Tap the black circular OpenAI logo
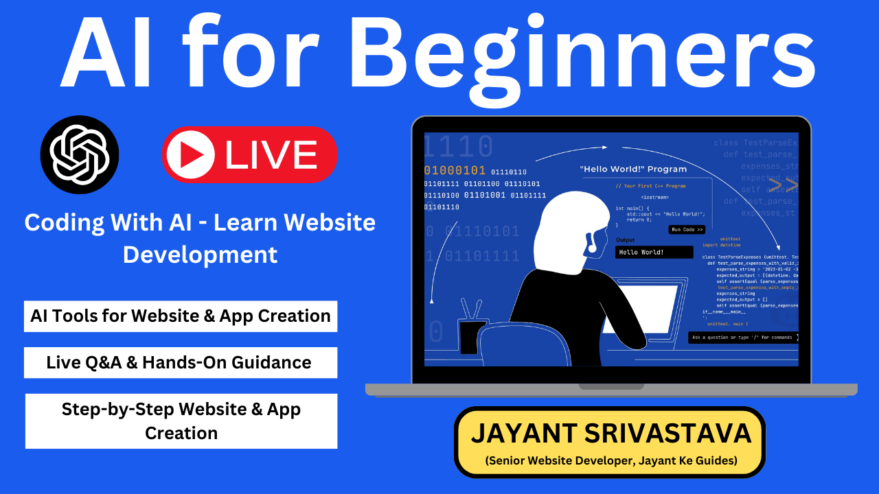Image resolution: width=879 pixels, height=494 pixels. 80,154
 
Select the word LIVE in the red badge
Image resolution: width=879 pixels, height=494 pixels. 271,154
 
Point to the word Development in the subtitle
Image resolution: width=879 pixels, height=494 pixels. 200,254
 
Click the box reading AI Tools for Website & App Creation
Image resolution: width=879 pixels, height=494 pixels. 181,316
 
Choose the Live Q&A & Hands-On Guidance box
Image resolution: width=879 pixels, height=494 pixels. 181,362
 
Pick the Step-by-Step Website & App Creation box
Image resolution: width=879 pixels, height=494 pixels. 181,421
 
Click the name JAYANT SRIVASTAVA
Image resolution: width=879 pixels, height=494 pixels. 610,434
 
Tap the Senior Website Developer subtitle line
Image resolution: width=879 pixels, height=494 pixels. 610,460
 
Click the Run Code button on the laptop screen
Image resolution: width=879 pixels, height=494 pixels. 687,230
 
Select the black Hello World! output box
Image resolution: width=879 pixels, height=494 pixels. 654,252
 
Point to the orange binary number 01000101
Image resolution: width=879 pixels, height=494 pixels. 455,171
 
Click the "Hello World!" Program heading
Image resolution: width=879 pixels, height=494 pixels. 632,169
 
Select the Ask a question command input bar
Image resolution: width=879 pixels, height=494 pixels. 743,338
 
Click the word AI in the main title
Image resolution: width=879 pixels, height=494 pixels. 106,55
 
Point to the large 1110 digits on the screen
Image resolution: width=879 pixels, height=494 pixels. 458,146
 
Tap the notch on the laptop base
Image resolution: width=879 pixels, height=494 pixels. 610,386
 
